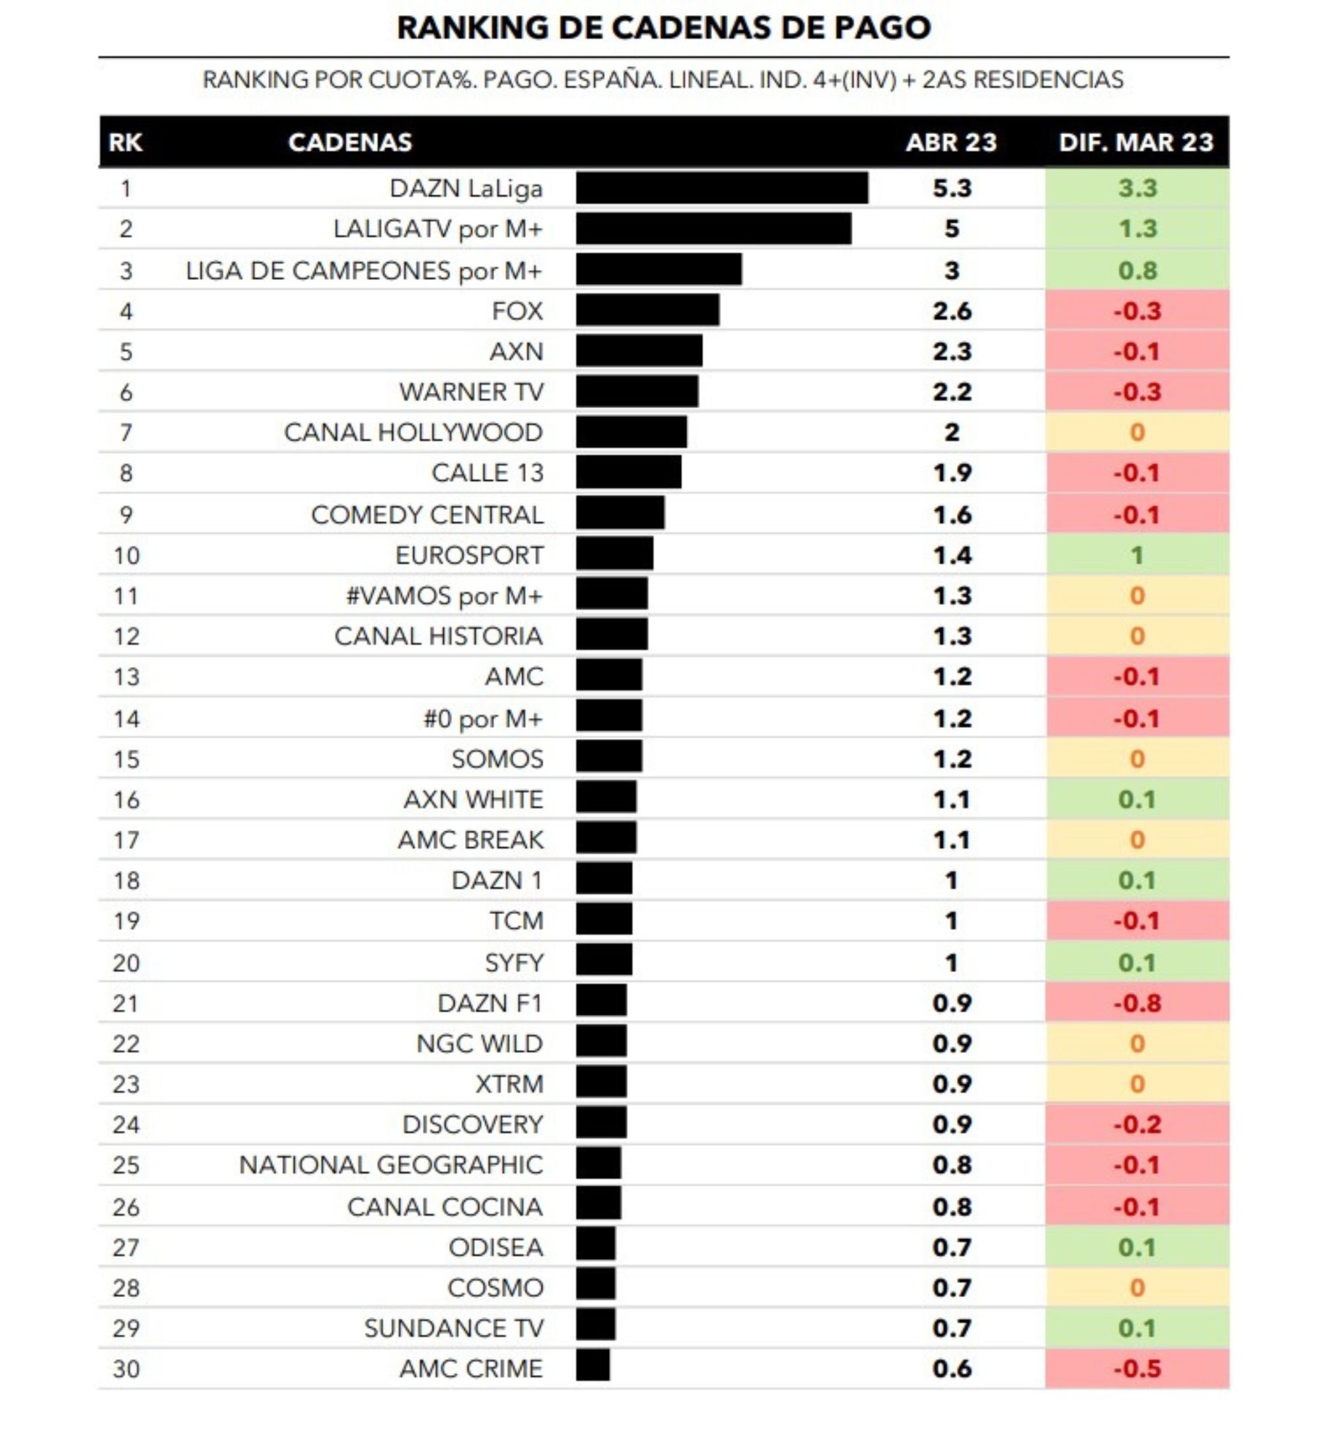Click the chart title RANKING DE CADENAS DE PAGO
(663, 28)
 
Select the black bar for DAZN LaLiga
(721, 188)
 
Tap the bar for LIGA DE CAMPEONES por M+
(658, 269)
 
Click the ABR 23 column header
(950, 142)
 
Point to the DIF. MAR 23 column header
(1136, 142)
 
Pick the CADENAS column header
(349, 142)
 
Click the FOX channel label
(517, 310)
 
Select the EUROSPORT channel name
(468, 555)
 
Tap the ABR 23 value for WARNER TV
(951, 392)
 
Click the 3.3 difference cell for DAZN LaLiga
(1137, 188)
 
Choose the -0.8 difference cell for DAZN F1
(1137, 1003)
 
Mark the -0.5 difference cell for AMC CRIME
(1137, 1368)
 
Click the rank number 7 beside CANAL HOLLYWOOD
(126, 433)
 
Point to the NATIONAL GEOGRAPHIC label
(390, 1164)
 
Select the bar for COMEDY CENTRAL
(620, 514)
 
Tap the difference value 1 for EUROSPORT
(1137, 555)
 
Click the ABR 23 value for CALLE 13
(951, 473)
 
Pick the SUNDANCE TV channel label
(453, 1328)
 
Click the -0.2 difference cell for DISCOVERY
(1137, 1124)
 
